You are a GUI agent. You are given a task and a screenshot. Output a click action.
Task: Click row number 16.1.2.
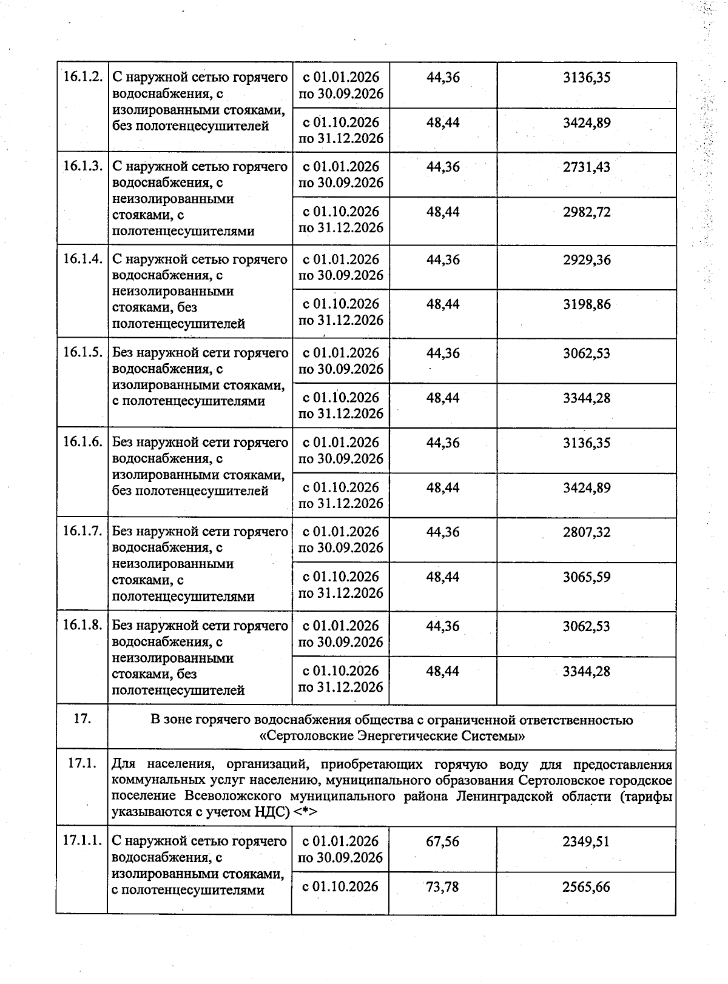click(x=83, y=78)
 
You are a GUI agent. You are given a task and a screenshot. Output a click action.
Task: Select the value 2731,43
click(x=586, y=167)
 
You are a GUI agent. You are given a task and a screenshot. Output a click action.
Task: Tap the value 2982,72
click(x=586, y=212)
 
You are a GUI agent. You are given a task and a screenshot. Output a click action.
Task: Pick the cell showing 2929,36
click(x=586, y=260)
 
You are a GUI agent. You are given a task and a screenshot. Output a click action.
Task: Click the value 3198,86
click(x=586, y=304)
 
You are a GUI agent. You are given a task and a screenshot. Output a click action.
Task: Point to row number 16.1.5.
click(x=83, y=353)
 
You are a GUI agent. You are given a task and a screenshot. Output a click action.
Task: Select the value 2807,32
click(x=586, y=532)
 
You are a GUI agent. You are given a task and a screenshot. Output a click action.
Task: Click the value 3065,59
click(x=586, y=577)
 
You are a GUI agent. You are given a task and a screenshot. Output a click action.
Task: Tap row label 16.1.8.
click(x=83, y=626)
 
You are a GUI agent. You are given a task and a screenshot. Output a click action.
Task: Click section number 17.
click(x=83, y=720)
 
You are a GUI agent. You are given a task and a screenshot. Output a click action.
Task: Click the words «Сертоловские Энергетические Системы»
click(x=391, y=737)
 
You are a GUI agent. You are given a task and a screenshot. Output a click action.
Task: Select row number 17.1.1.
click(x=83, y=842)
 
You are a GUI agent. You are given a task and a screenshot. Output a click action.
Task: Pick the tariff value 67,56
click(x=442, y=842)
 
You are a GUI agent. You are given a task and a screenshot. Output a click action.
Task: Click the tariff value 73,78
click(x=442, y=887)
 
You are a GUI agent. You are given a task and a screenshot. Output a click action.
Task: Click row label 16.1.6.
click(x=83, y=443)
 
